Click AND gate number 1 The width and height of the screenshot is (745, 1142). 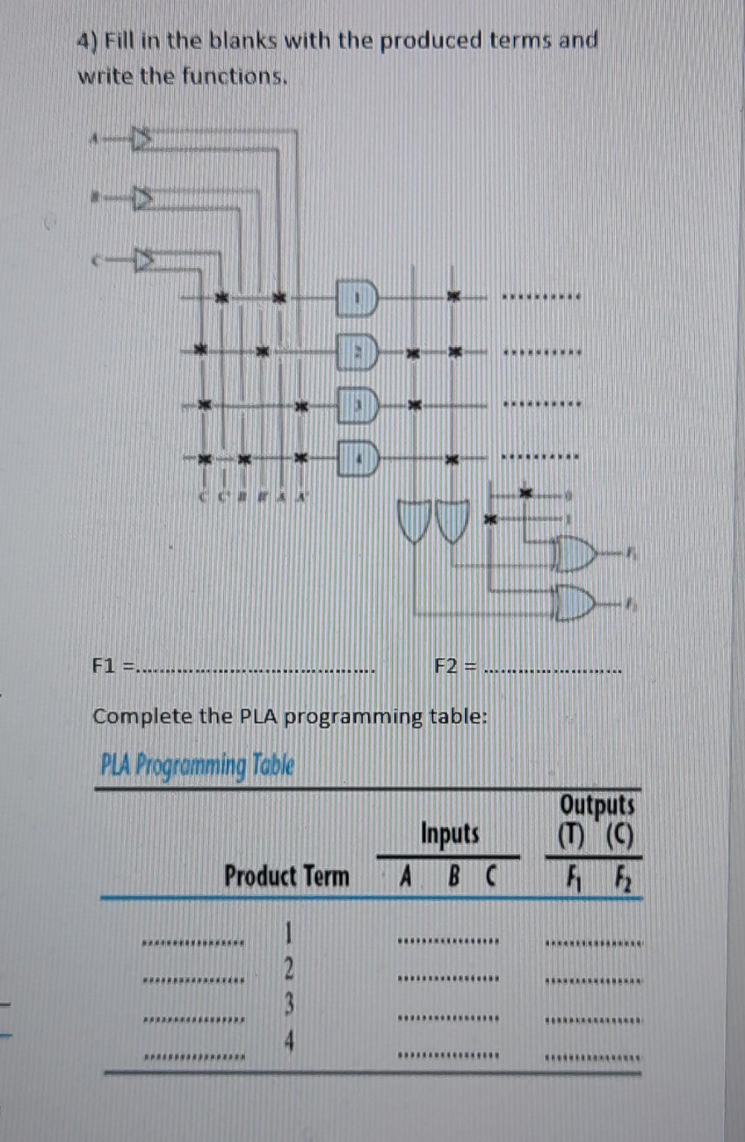tap(357, 299)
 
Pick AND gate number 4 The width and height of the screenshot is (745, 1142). tap(357, 458)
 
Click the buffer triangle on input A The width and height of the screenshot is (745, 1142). tap(141, 139)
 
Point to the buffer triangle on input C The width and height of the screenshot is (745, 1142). tap(143, 261)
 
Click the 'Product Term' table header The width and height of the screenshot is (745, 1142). tap(286, 876)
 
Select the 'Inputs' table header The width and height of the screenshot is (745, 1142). tap(450, 833)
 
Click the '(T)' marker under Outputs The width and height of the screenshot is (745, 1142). tap(572, 839)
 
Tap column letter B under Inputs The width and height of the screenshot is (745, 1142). tap(453, 877)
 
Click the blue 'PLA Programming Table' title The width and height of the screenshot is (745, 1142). tap(197, 765)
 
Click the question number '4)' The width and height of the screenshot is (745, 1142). tap(88, 41)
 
